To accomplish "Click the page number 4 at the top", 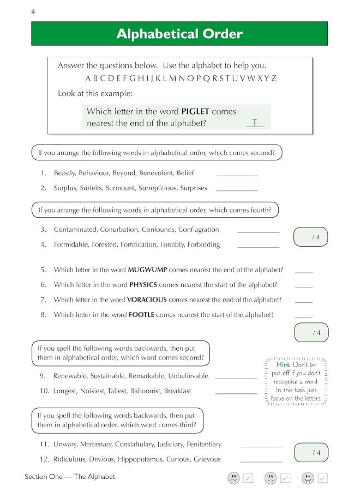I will pos(33,11).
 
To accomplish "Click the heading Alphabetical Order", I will pos(179,34).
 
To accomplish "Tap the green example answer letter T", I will pos(254,123).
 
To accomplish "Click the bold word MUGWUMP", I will pos(147,270).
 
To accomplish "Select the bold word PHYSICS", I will pos(143,284).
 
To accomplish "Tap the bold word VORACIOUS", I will pos(147,300).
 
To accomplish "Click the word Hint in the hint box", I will pos(284,364).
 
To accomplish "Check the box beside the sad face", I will pos(248,478).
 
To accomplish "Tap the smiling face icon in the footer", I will pos(308,478).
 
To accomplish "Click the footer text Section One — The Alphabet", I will pos(70,477).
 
